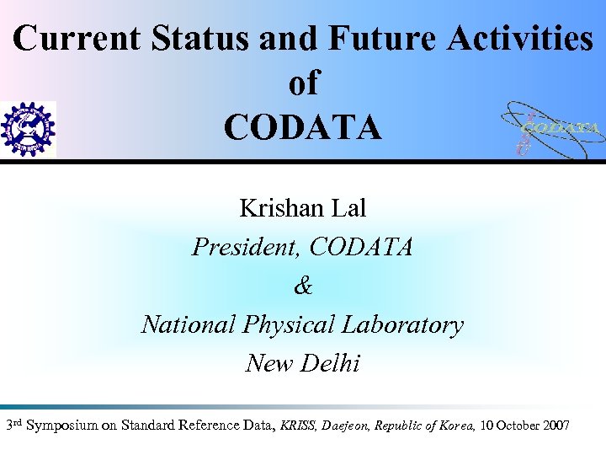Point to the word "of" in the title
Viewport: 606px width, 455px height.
point(304,83)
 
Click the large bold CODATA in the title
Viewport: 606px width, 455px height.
point(303,128)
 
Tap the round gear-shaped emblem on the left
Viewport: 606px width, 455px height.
point(28,129)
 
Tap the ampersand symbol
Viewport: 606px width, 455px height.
point(303,286)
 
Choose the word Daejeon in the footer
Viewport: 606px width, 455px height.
point(347,426)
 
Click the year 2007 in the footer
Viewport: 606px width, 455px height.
point(554,426)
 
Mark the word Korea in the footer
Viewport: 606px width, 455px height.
point(456,426)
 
